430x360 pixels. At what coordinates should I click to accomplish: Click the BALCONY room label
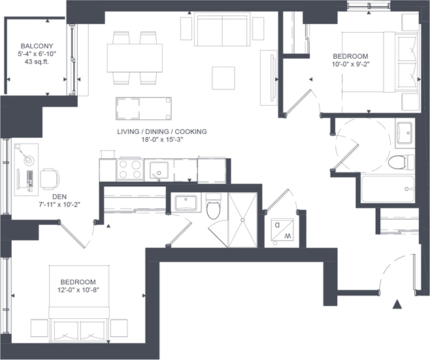37,46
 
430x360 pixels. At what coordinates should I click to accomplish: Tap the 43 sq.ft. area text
37,61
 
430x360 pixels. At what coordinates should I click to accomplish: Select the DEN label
59,197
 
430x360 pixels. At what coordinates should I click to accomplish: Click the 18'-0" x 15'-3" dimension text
162,140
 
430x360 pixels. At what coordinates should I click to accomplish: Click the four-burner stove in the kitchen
129,170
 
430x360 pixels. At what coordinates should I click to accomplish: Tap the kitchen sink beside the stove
159,171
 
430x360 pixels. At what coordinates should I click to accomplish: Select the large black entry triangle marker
397,304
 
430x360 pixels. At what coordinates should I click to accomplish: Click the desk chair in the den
50,179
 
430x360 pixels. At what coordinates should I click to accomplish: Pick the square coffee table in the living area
223,78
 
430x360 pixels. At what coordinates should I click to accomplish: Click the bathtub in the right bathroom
388,189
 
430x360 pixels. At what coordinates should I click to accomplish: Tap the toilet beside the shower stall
213,206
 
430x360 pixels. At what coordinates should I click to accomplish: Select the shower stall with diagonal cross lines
242,220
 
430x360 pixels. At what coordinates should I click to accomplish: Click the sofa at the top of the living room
222,29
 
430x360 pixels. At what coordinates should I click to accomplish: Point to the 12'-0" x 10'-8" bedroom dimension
78,290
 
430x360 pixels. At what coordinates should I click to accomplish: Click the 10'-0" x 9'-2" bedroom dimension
351,64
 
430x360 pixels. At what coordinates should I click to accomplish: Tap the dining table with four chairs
135,58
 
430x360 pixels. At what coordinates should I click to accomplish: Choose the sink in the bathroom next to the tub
405,133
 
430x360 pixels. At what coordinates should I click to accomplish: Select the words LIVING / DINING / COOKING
162,131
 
